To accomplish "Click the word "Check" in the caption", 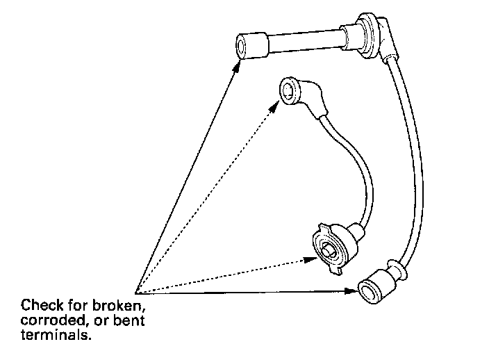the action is coord(39,305).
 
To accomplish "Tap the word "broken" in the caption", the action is coord(124,305).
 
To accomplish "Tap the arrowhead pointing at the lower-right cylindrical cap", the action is coord(353,293).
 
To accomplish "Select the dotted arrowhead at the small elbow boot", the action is coord(276,104).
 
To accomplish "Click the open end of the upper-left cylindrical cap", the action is coord(243,48).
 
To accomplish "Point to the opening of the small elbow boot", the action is coord(287,89).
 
